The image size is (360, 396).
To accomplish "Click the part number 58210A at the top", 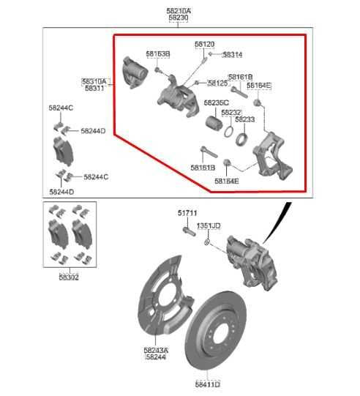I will (179, 11).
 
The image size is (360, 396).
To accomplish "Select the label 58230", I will (179, 19).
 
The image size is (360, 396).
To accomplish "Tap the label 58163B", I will (157, 54).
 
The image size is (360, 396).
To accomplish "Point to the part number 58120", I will (204, 45).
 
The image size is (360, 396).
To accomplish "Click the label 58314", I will (233, 54).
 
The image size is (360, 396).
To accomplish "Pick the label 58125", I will (217, 83).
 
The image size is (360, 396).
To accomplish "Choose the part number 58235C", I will (216, 102).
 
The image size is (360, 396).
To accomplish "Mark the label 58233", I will (244, 119).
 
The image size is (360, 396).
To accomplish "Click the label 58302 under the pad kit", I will (69, 277).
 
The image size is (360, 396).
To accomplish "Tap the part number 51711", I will (187, 213).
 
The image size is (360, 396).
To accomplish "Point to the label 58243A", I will (156, 350).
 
